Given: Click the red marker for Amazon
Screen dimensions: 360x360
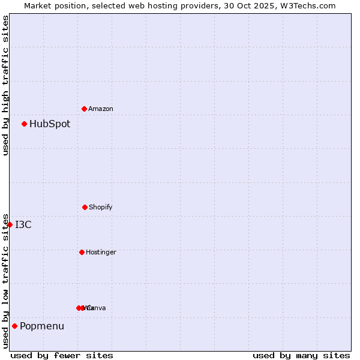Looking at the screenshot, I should pos(84,109).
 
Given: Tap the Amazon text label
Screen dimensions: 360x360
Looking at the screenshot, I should pos(101,109).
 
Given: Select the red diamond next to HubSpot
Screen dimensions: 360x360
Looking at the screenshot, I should pos(25,124).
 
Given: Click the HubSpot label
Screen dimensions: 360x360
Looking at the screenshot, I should pos(50,124).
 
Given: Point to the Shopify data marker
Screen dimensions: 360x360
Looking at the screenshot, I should pos(85,207).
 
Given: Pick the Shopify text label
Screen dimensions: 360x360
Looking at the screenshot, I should pos(101,208).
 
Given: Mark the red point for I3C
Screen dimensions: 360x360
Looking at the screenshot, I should pos(10,224).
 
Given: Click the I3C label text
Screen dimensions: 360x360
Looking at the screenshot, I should pos(23,225).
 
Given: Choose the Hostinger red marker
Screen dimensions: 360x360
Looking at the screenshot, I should pos(82,252).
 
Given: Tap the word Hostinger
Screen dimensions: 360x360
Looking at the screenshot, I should pos(101,253).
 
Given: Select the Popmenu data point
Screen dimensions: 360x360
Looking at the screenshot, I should pos(15,326).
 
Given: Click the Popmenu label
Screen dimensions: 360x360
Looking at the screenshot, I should pos(42,326).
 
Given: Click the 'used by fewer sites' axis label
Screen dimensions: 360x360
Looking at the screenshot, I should pos(62,355).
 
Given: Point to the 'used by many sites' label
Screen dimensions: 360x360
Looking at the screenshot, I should pos(301,355).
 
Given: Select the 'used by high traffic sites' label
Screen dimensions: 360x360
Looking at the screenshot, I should pos(6,86).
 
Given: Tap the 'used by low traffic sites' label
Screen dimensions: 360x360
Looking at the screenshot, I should pos(6,281).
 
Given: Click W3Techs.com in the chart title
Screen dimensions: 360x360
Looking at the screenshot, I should pos(310,6).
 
